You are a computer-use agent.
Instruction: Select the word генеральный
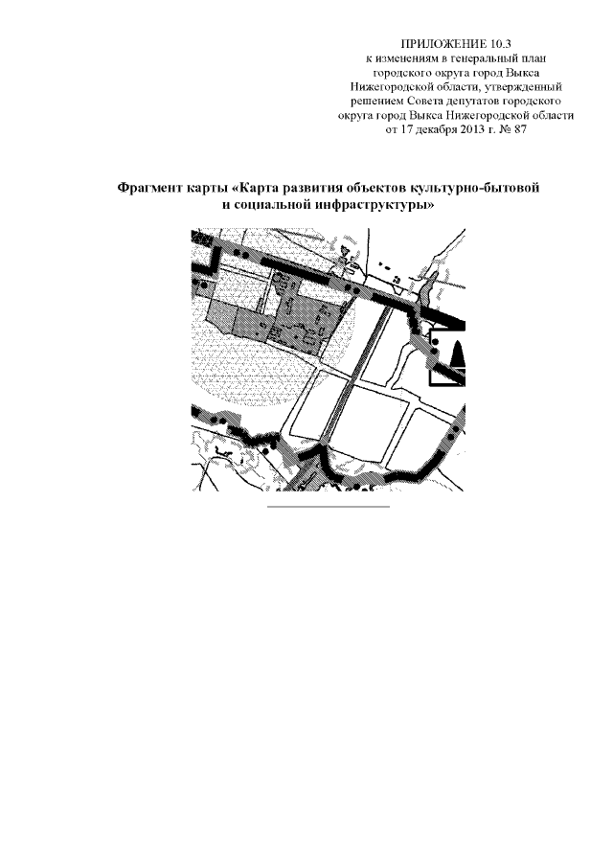pos(480,58)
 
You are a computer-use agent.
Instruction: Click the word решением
pos(377,102)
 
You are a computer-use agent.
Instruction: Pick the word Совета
pos(424,102)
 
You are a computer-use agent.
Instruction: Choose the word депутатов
pos(471,102)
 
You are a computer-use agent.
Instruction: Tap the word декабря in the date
pos(434,130)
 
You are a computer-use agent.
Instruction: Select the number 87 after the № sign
pos(520,130)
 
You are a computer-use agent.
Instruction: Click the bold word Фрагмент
pos(145,189)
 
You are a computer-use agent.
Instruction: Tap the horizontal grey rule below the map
pos(329,507)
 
